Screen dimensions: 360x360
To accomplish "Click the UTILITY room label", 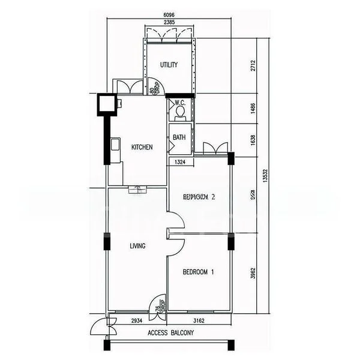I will [x=169, y=65].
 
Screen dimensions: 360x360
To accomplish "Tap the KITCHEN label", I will [x=142, y=147].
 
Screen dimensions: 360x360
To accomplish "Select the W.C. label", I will [x=179, y=102].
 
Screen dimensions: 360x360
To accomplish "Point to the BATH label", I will [x=179, y=137].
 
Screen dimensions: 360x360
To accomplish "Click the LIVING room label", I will [x=138, y=246].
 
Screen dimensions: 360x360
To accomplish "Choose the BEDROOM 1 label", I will [x=198, y=272].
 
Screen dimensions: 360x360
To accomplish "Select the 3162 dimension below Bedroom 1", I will [x=199, y=321].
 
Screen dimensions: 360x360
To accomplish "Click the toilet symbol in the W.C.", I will [x=181, y=111].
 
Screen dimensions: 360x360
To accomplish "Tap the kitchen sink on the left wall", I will [x=114, y=145].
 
